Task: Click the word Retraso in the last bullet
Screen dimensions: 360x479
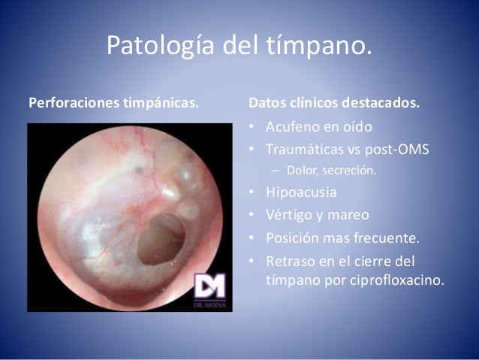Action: pyautogui.click(x=292, y=262)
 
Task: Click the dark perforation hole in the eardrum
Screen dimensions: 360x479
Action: pyautogui.click(x=161, y=232)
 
